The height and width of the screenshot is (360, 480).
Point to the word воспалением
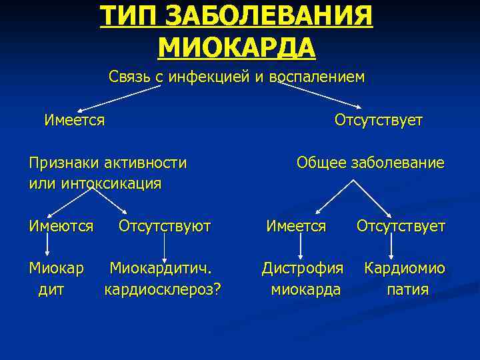pos(317,77)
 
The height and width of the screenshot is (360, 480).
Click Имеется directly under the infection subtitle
pos(74,120)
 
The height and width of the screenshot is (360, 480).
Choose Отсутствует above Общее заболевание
pos(379,120)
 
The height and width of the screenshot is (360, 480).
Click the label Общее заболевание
pos(371,163)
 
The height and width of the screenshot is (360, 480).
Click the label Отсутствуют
pos(164,226)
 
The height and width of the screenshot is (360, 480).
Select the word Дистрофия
pos(303,269)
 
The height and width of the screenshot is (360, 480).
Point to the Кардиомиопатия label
pos(405,279)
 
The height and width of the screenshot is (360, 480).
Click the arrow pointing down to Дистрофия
pos(301,247)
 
